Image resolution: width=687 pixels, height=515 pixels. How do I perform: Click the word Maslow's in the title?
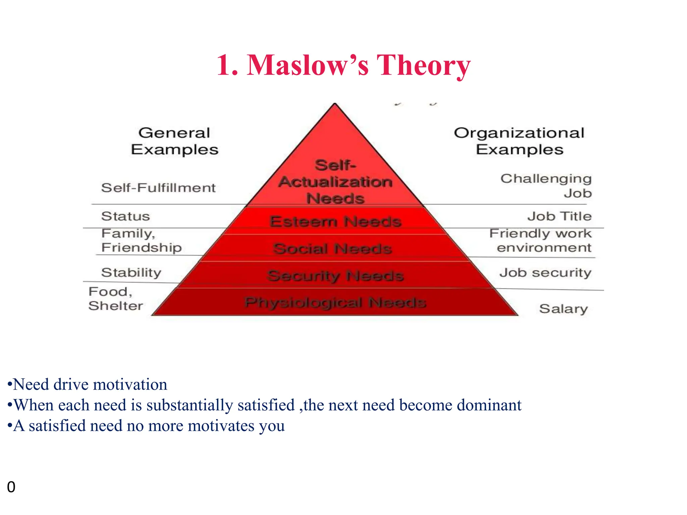(x=308, y=65)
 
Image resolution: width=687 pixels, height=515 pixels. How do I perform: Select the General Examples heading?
(x=174, y=141)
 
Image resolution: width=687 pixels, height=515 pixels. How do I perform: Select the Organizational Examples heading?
(x=519, y=141)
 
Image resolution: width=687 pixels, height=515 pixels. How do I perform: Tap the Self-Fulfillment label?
(x=158, y=188)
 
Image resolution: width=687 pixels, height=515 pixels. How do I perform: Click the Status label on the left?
(x=125, y=216)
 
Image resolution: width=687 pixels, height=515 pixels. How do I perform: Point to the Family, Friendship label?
(x=141, y=240)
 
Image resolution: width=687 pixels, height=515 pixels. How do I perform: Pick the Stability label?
(x=131, y=273)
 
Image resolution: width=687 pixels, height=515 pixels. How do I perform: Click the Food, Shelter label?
(x=115, y=299)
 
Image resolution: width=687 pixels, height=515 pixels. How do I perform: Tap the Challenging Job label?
(x=546, y=186)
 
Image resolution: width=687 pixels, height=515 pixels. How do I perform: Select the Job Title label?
(x=559, y=216)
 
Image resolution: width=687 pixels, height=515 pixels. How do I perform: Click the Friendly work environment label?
(x=540, y=240)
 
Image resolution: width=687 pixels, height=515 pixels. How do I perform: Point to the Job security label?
(x=545, y=273)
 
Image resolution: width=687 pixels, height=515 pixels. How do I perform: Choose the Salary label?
(x=564, y=309)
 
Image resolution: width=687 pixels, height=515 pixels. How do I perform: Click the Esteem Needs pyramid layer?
(x=335, y=221)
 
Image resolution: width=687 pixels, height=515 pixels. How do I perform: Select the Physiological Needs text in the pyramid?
(x=335, y=302)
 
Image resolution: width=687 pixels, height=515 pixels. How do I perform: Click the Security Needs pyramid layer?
(x=335, y=276)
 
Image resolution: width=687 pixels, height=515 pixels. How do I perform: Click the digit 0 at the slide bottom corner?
(x=11, y=487)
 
